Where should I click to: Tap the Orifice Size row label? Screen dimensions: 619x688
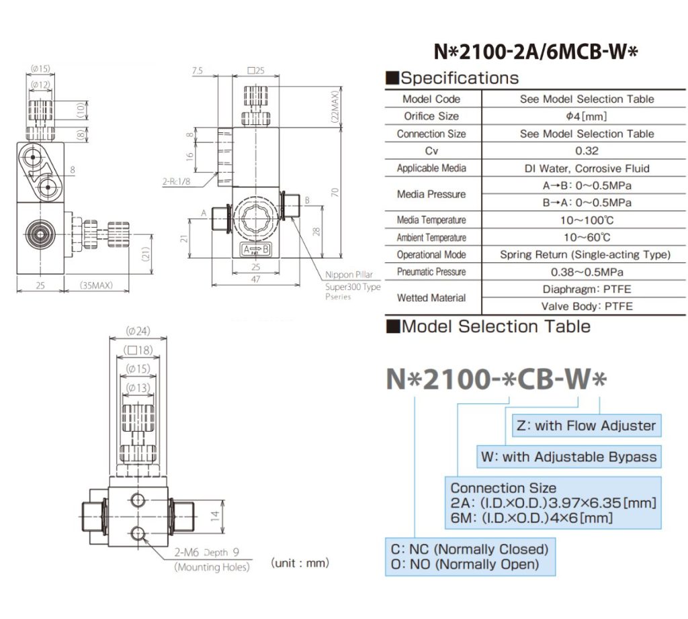pyautogui.click(x=431, y=116)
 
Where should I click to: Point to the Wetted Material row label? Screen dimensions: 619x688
pyautogui.click(x=431, y=297)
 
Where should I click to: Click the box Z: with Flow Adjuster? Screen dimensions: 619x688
pyautogui.click(x=585, y=425)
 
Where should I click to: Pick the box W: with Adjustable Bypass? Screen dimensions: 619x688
pyautogui.click(x=568, y=457)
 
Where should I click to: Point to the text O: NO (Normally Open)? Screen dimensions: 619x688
pyautogui.click(x=465, y=565)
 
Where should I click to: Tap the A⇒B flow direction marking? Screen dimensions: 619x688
pyautogui.click(x=256, y=250)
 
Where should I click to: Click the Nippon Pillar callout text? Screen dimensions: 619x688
pyautogui.click(x=348, y=275)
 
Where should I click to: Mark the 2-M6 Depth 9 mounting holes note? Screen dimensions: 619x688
pyautogui.click(x=207, y=554)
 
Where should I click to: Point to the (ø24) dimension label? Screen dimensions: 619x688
pyautogui.click(x=141, y=330)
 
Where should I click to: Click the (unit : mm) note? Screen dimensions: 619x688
pyautogui.click(x=300, y=563)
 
